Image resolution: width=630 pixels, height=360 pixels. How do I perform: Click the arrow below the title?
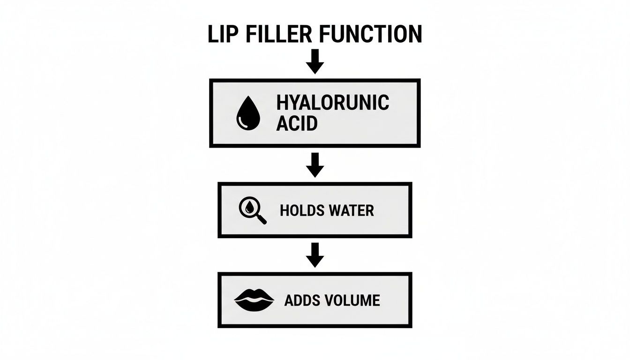[x=315, y=61]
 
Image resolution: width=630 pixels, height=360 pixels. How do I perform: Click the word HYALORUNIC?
[x=333, y=103]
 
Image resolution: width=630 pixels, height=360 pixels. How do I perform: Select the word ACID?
[x=297, y=124]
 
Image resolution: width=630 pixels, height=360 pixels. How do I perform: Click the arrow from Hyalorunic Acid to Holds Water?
[x=315, y=165]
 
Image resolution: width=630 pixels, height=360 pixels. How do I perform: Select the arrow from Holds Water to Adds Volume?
[x=315, y=255]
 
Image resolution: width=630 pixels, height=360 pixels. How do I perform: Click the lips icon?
[x=254, y=299]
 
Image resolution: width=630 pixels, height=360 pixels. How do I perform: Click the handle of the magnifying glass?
[x=261, y=218]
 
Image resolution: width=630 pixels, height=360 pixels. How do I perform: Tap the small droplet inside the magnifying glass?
[x=249, y=207]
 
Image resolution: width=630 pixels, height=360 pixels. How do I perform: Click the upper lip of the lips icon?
[x=254, y=294]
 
